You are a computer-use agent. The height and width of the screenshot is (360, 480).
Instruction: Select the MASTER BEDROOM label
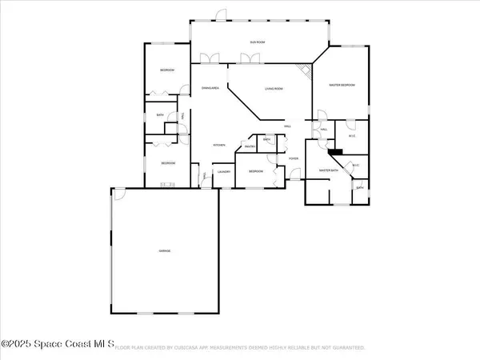click(342, 85)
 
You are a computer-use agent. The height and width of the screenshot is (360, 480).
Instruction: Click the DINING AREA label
click(210, 88)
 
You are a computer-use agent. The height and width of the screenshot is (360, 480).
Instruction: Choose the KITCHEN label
click(218, 145)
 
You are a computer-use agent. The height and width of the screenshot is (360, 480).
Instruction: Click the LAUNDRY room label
click(224, 171)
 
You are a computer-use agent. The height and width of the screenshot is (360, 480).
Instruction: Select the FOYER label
click(294, 158)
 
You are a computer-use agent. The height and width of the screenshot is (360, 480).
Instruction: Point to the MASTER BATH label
click(330, 170)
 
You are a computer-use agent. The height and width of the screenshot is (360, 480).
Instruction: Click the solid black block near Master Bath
click(334, 150)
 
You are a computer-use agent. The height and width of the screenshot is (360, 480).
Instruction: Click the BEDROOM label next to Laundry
click(256, 171)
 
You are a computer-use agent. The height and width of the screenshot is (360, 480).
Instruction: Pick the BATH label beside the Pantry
click(267, 140)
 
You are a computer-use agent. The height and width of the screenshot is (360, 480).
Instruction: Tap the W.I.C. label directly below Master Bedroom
click(350, 134)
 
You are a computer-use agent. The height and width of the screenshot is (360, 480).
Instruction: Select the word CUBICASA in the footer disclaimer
click(202, 348)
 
